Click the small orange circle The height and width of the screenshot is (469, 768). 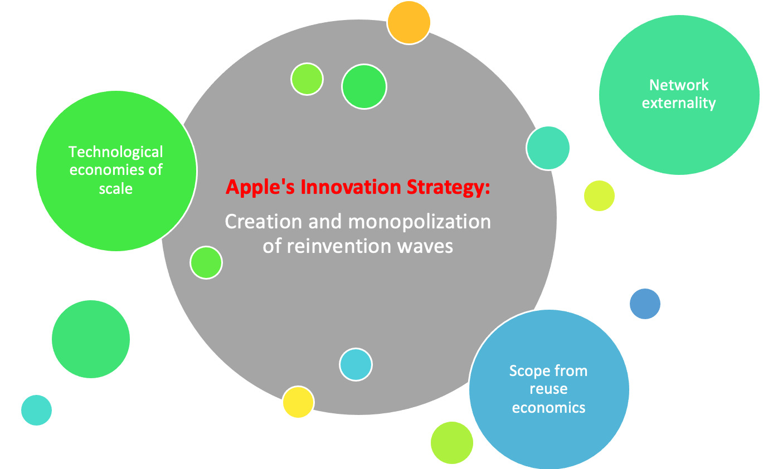[x=409, y=22]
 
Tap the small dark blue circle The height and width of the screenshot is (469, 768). [x=645, y=304]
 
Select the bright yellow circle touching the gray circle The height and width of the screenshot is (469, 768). [x=298, y=402]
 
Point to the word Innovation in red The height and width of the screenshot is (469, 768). [x=341, y=187]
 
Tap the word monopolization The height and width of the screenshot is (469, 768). [x=420, y=221]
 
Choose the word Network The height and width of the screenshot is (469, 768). [x=679, y=85]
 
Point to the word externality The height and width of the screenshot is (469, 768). [x=679, y=103]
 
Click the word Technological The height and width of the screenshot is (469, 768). [x=116, y=152]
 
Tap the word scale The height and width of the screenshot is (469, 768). [x=116, y=188]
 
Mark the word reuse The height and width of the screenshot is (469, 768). [x=548, y=389]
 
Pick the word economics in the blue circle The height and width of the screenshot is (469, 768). [x=548, y=407]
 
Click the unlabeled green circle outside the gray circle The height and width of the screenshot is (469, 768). [x=91, y=339]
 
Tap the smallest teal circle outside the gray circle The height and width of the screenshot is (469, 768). [x=36, y=410]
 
